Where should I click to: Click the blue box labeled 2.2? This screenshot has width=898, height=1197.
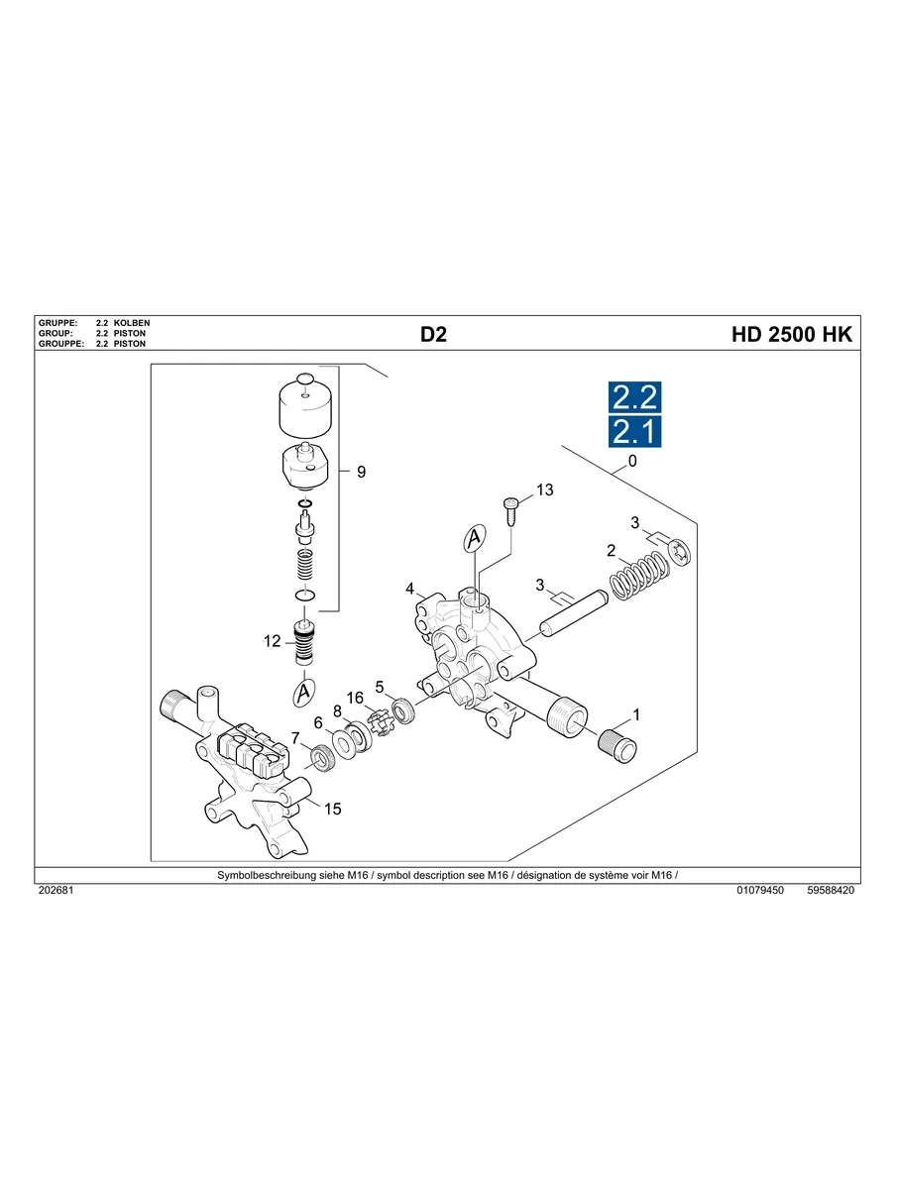click(x=634, y=397)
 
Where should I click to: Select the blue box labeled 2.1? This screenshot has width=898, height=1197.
click(x=634, y=432)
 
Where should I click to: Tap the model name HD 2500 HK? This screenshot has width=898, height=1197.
click(x=791, y=335)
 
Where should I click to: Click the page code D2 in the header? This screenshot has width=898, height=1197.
click(x=433, y=335)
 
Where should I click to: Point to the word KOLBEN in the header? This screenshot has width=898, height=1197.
click(x=132, y=324)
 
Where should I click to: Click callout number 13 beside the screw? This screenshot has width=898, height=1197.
click(x=544, y=490)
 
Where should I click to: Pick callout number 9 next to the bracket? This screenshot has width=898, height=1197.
click(x=361, y=473)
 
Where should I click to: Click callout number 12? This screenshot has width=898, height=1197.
click(x=273, y=641)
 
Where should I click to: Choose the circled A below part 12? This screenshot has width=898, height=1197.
click(x=304, y=693)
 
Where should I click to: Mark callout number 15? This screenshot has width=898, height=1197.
click(x=332, y=809)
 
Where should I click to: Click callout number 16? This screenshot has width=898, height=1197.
click(x=354, y=699)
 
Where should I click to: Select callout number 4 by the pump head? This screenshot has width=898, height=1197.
click(x=409, y=589)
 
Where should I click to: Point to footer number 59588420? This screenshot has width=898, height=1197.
click(x=831, y=891)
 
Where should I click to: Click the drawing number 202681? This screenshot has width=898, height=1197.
click(x=56, y=891)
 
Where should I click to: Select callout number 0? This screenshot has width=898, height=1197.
click(x=632, y=462)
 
